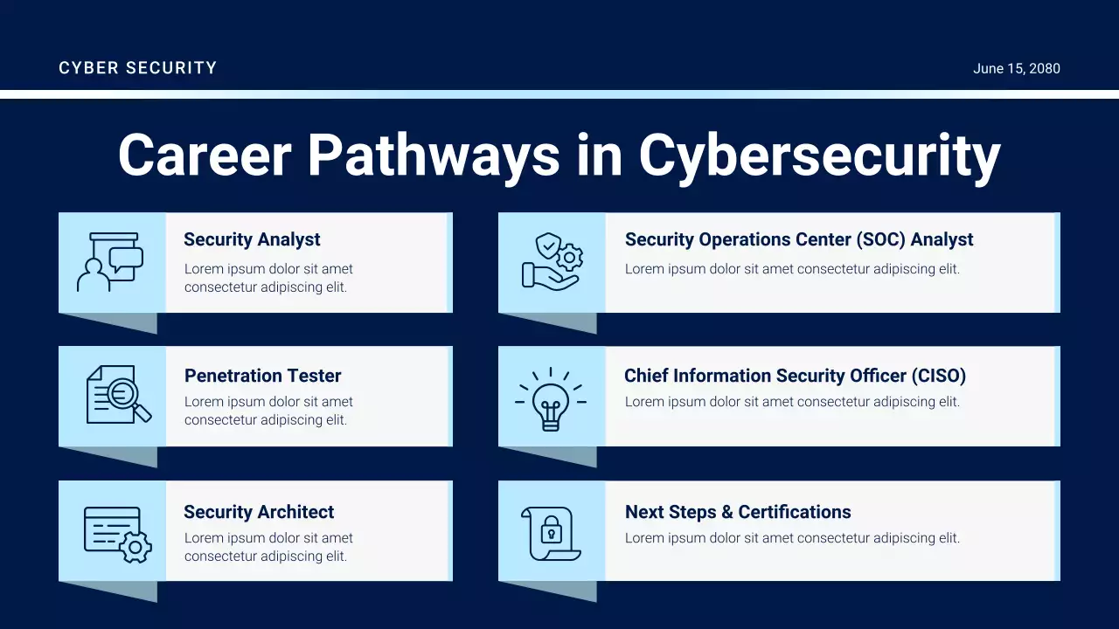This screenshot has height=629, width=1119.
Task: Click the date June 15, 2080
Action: pyautogui.click(x=1016, y=68)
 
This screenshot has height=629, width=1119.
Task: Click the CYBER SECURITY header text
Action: pyautogui.click(x=137, y=68)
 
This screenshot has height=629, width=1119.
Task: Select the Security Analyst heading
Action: pyautogui.click(x=252, y=239)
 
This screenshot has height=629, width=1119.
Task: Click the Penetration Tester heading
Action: pyautogui.click(x=262, y=376)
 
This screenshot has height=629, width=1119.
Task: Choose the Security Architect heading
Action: pyautogui.click(x=259, y=512)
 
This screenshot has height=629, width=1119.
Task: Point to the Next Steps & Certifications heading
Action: pyautogui.click(x=738, y=512)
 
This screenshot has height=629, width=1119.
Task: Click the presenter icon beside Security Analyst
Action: pyautogui.click(x=111, y=262)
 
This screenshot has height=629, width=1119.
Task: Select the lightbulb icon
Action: pyautogui.click(x=551, y=398)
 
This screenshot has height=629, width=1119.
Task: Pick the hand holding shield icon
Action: pyautogui.click(x=552, y=261)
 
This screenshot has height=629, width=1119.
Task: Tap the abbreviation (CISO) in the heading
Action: pyautogui.click(x=939, y=376)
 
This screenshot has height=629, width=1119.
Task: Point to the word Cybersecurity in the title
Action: pyautogui.click(x=819, y=156)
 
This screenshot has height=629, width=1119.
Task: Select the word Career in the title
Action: pyautogui.click(x=204, y=156)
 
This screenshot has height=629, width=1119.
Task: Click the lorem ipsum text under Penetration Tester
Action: pyautogui.click(x=268, y=411)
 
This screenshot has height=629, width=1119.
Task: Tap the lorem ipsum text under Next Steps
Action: pyautogui.click(x=792, y=538)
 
